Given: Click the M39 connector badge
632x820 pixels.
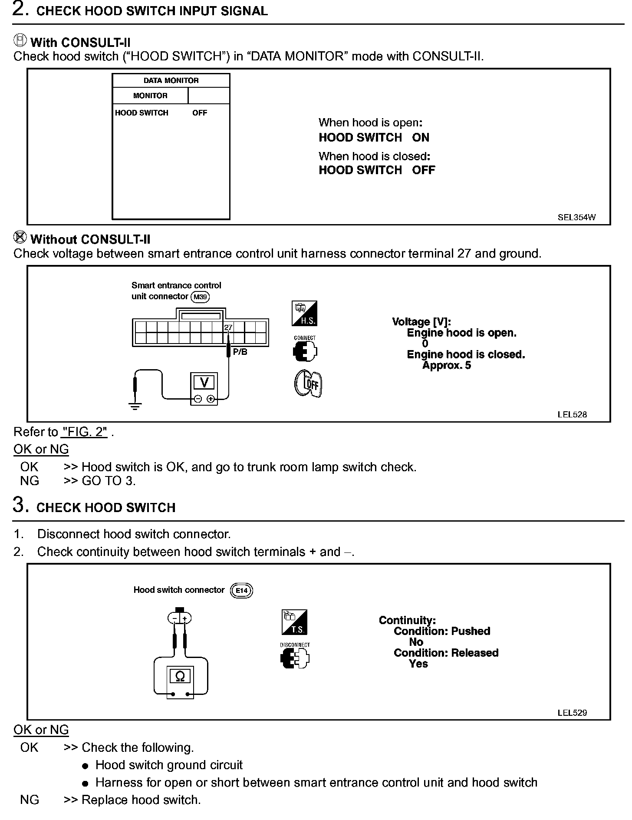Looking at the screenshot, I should point(200,297).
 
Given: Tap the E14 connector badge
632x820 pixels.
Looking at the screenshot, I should point(241,590).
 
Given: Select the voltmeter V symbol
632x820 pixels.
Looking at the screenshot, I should point(204,382).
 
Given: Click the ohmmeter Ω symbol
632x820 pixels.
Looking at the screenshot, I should point(180,676).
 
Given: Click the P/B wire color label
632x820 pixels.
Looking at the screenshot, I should point(240,352).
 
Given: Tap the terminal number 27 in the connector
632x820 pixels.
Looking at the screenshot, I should point(228,327).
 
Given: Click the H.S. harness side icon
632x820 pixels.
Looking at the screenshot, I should point(304,314).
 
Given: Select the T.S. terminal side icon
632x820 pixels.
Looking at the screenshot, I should point(294,622).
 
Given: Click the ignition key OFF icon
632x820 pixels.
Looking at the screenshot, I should point(308,384).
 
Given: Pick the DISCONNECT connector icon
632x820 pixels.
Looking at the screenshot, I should point(295,657).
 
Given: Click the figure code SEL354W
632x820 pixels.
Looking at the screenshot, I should point(576,218).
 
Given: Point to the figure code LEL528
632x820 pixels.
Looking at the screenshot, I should point(572,414).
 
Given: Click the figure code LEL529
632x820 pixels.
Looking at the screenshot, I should point(572,713).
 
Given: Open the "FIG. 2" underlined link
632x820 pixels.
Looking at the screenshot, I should point(85,432).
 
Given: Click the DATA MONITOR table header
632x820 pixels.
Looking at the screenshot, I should point(171,81).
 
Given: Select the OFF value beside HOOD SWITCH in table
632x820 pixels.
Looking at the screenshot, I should point(200,113).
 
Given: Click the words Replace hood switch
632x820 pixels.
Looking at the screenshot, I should point(141,800).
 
